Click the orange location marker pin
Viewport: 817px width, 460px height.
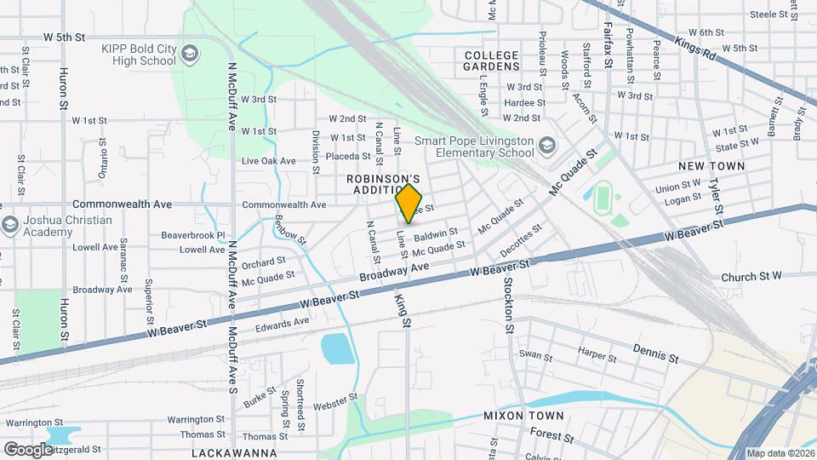tap(409, 203)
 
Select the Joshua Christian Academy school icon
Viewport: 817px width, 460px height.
tap(10, 226)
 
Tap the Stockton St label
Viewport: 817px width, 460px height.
tap(509, 304)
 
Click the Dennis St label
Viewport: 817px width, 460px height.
tap(656, 353)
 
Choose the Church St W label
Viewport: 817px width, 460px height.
tap(751, 277)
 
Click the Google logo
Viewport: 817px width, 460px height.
tap(28, 449)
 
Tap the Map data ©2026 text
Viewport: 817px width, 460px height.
tap(780, 453)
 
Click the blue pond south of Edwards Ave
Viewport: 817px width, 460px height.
tap(336, 348)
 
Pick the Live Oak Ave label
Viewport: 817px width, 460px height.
tap(269, 160)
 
